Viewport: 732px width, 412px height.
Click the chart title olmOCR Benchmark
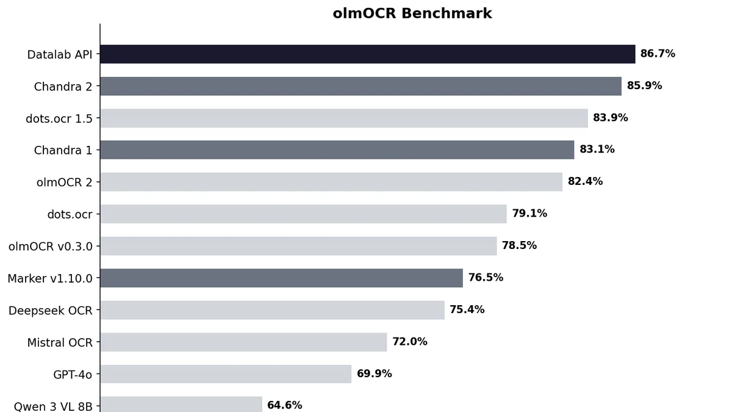coord(412,13)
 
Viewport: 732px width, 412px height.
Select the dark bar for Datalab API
coord(367,54)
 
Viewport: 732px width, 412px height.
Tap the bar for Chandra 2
coord(361,86)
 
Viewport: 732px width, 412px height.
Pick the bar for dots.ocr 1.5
coord(343,118)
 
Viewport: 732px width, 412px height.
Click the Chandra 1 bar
coord(337,150)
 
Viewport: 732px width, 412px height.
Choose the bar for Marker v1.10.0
coord(281,278)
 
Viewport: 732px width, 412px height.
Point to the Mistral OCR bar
coord(243,342)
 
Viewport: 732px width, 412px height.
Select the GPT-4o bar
coord(226,374)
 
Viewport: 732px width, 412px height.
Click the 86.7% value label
coord(658,54)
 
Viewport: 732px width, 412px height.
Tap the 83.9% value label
coord(610,118)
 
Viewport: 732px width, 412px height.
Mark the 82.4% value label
coord(585,181)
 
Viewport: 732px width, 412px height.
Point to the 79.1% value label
coord(529,214)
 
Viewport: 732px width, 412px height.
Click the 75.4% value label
coord(467,309)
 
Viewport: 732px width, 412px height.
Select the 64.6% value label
coord(284,405)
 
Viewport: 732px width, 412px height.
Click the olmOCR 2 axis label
coord(64,182)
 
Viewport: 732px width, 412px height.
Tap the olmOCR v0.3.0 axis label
coord(51,247)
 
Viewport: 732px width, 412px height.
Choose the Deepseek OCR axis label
coord(51,311)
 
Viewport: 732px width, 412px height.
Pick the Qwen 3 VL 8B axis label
coord(53,406)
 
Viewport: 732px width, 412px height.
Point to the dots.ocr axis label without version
coord(70,214)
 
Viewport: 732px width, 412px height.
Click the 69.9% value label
coord(374,374)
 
